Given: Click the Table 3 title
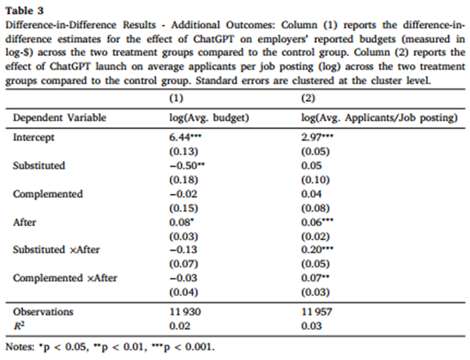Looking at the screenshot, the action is (24, 10).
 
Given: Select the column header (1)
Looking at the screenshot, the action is (176, 98).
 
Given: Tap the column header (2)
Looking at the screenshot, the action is (308, 98).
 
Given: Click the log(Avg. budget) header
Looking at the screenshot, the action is (210, 118).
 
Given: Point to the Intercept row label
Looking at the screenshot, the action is (34, 137).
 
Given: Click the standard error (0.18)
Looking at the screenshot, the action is (184, 180).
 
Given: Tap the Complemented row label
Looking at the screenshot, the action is (48, 194).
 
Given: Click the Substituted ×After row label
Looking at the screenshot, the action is (57, 250).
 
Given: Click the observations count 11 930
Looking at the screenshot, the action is (185, 312).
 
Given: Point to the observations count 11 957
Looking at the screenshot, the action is (317, 312).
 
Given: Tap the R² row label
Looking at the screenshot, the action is (19, 325).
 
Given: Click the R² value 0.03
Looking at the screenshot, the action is (311, 326).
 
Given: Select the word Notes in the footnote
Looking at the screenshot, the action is (20, 347).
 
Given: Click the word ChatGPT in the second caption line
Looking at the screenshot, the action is (214, 39).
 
